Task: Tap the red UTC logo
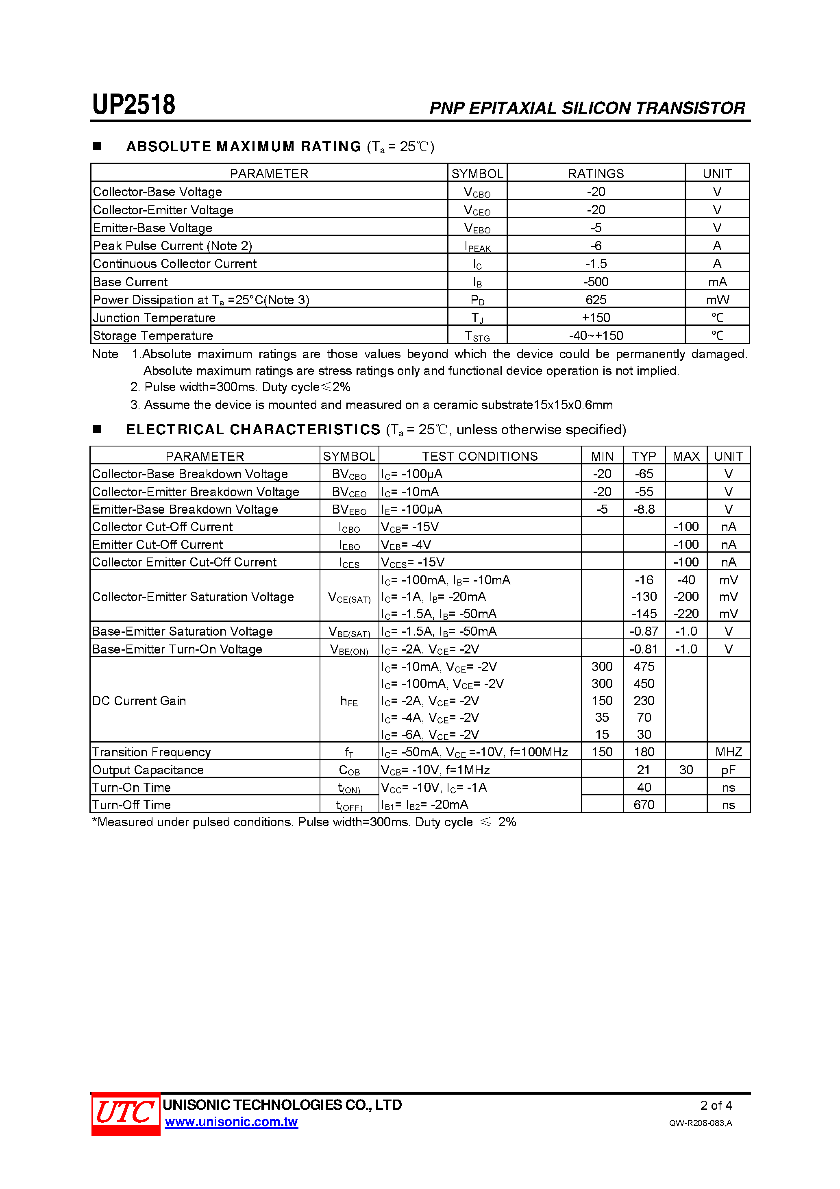(125, 1113)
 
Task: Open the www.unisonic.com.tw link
(231, 1121)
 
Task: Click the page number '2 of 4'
(716, 1105)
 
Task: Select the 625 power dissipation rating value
(596, 300)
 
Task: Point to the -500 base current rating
(596, 282)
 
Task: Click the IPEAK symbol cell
(477, 246)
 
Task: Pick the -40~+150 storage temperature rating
(596, 335)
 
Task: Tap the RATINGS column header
(596, 174)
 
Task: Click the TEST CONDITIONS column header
(479, 456)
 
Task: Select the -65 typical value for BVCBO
(644, 474)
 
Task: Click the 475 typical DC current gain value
(644, 666)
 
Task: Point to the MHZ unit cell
(728, 752)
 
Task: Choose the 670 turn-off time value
(644, 805)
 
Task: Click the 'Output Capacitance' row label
(148, 770)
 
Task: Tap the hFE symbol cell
(349, 701)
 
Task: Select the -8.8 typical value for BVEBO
(644, 509)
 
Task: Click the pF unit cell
(728, 770)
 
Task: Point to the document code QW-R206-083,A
(700, 1123)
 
